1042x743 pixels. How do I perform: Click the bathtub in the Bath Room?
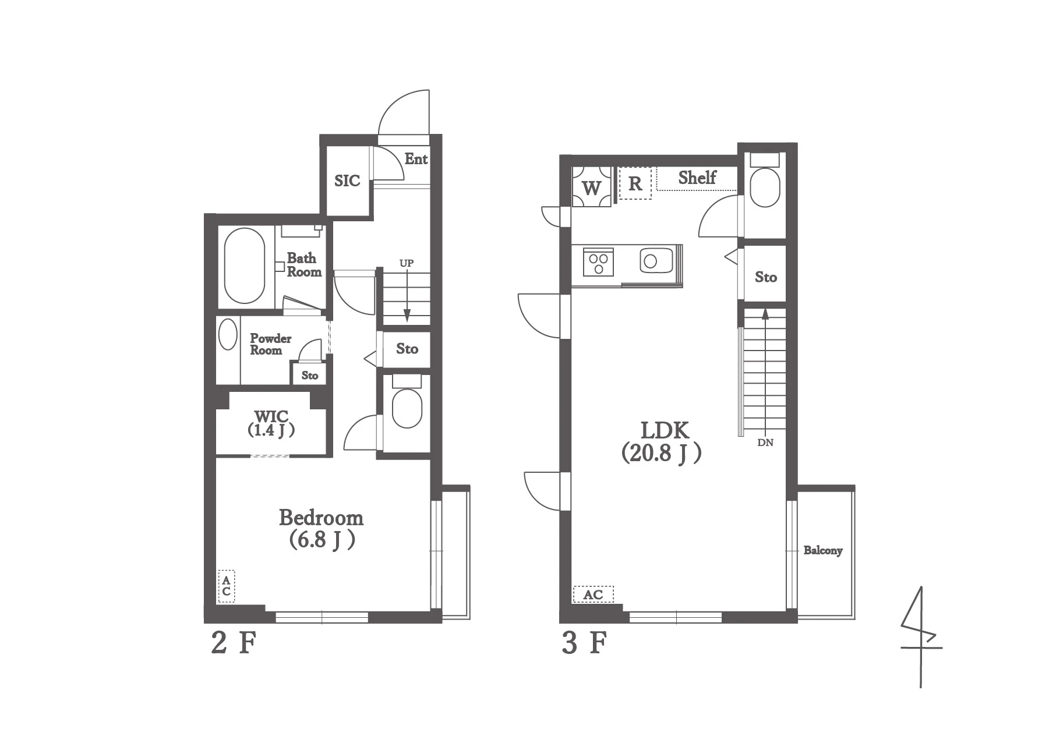pos(245,266)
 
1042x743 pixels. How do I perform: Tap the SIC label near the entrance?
pos(347,181)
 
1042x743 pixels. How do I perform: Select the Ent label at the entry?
pos(416,159)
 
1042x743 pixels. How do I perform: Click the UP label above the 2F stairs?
pos(407,263)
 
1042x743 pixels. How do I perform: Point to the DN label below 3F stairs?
pos(765,443)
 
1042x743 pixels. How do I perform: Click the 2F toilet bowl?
pos(407,408)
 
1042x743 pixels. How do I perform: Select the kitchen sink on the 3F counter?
pos(656,260)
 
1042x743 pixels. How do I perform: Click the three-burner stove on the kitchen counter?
pos(598,262)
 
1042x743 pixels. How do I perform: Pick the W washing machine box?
pos(592,187)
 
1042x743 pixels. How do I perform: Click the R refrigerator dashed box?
pos(635,183)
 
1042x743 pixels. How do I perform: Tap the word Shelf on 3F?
pos(697,178)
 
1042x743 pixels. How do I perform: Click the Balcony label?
pos(823,550)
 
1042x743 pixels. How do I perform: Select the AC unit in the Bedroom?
pos(227,586)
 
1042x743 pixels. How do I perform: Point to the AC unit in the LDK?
pos(593,595)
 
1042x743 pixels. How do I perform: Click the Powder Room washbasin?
pos(228,335)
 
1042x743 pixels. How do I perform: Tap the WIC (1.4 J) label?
pos(271,423)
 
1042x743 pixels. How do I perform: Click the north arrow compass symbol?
pos(921,637)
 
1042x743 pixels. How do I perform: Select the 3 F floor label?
pos(585,643)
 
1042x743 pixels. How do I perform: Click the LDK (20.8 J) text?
pos(662,442)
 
